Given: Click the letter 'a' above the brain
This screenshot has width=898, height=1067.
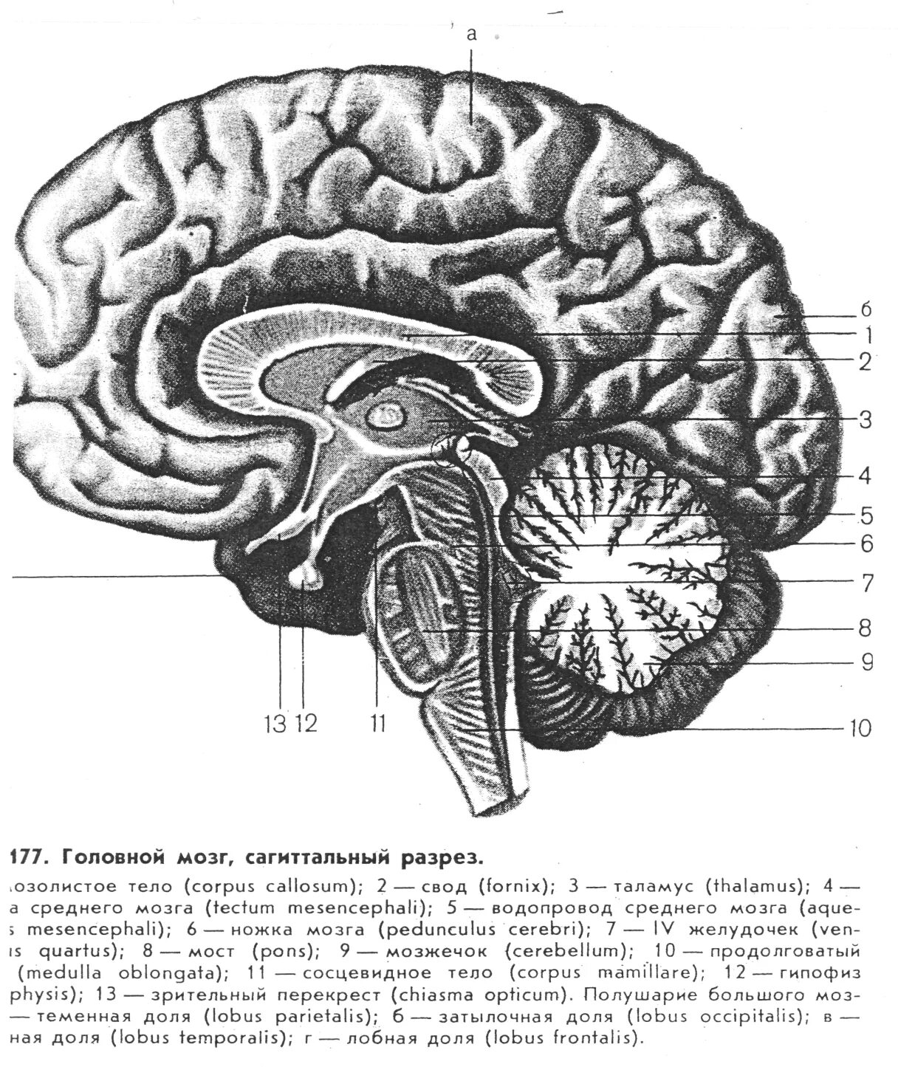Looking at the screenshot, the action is (x=473, y=34).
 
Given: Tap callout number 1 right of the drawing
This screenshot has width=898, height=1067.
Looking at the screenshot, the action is (x=868, y=336).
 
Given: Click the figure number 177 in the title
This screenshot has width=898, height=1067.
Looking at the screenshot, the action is (x=28, y=858).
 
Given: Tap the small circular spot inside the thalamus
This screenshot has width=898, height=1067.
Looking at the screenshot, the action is (x=386, y=418).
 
